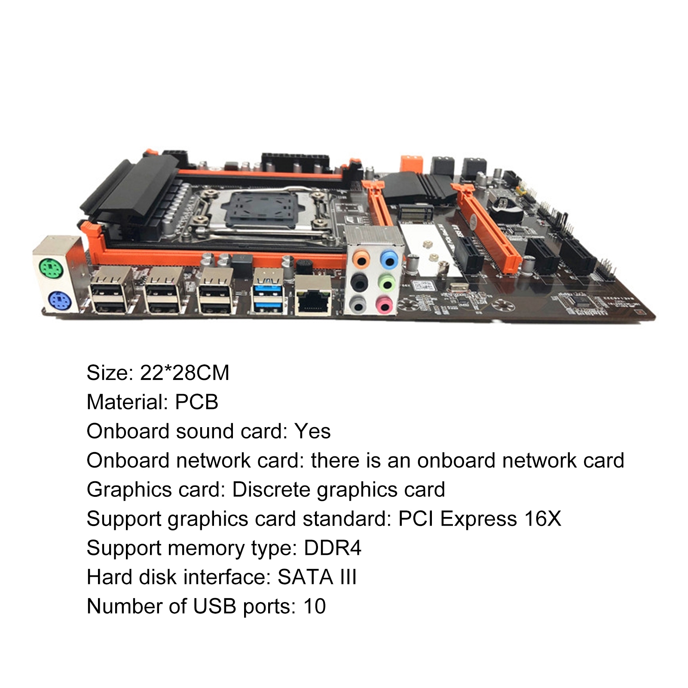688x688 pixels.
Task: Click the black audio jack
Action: point(360,283)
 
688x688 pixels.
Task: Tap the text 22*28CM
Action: point(185,373)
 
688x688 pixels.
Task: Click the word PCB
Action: point(197,402)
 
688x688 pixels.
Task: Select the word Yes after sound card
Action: point(312,431)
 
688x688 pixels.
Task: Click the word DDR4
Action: point(333,548)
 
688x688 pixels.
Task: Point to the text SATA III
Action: point(317,577)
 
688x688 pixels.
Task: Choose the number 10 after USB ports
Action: point(315,606)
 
